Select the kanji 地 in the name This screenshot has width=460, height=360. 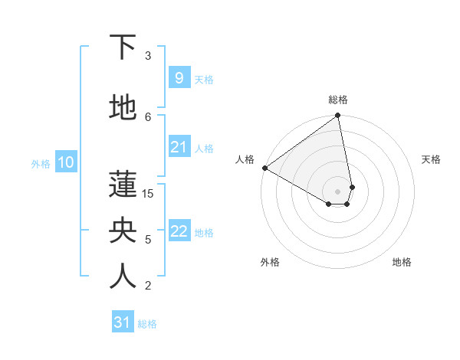pos(123,110)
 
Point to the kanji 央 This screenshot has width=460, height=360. pos(123,231)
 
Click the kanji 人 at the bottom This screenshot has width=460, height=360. pos(123,277)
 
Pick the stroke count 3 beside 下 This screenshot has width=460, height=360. pos(148,56)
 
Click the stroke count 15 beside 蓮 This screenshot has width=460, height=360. pos(148,194)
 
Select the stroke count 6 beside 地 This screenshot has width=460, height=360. pos(148,116)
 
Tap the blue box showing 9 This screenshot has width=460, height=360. pos(179,77)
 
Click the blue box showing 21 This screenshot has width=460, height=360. pos(179,147)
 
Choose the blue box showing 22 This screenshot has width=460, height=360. pos(179,231)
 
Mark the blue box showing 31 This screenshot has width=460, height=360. pos(122,322)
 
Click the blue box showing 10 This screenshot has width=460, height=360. pos(65,162)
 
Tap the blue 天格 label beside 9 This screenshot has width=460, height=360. pos(204,79)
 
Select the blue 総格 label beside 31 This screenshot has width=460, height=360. pos(147,324)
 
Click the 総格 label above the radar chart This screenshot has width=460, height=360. pos(338,100)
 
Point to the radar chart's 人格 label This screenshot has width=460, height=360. pos(245,159)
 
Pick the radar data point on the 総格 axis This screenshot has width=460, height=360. pos(338,116)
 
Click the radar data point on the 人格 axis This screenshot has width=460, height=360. pos(264,168)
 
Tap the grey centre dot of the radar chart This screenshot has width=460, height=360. pos(338,191)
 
